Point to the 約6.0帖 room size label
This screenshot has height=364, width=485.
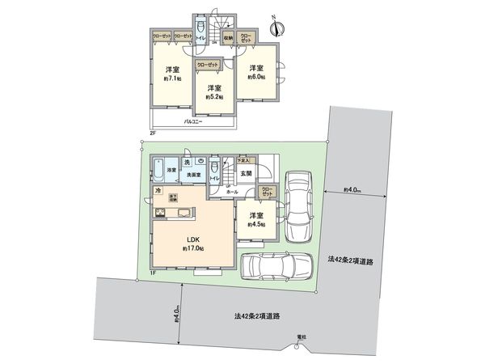pos(256,77)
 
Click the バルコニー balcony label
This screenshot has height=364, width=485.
pos(192,121)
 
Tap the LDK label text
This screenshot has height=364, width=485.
pos(194,239)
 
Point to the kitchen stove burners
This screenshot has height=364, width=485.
pos(160,214)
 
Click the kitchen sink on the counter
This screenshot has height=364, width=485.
pos(181,214)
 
